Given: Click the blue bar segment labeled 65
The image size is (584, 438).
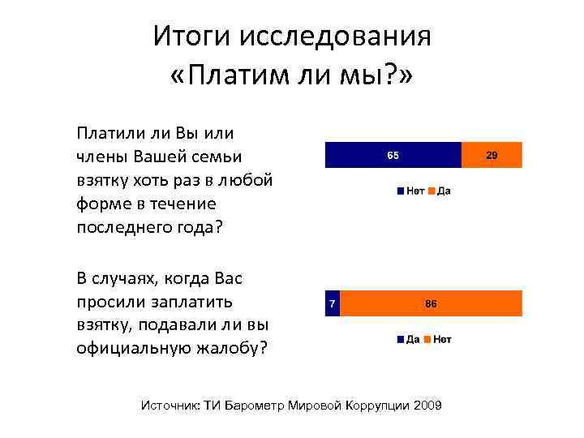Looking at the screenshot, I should click(x=393, y=154).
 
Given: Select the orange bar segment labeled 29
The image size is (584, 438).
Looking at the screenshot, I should click(x=492, y=154).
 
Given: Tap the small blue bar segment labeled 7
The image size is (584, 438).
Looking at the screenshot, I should click(x=331, y=303).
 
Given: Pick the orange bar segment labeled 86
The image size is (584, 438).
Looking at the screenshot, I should click(x=431, y=303).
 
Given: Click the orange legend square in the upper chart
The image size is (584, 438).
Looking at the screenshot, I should click(x=432, y=191).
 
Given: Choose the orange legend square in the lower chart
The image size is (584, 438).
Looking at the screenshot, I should click(x=427, y=340).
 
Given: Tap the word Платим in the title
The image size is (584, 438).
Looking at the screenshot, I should click(x=244, y=77).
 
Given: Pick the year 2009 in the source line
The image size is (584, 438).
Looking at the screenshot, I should click(x=427, y=406).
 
